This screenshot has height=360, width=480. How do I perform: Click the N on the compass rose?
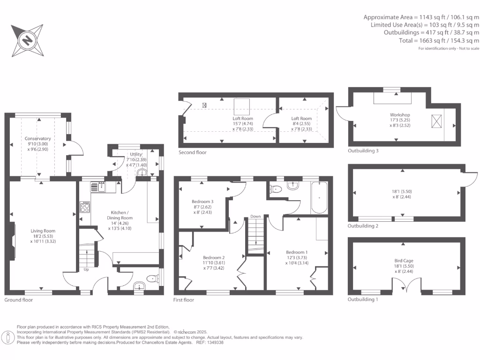(28, 40)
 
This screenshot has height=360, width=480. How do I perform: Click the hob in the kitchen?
(85, 207)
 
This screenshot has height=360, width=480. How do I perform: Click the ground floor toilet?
(152, 278)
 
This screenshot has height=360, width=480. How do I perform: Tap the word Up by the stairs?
(86, 270)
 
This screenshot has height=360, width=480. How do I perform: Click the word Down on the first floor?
(255, 216)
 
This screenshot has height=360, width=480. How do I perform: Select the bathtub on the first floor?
(319, 198)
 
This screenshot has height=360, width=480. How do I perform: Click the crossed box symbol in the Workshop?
(436, 121)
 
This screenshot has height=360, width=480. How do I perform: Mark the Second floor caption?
(193, 152)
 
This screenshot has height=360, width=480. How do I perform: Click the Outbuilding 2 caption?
(363, 226)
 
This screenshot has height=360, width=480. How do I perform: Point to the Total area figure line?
(439, 40)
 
